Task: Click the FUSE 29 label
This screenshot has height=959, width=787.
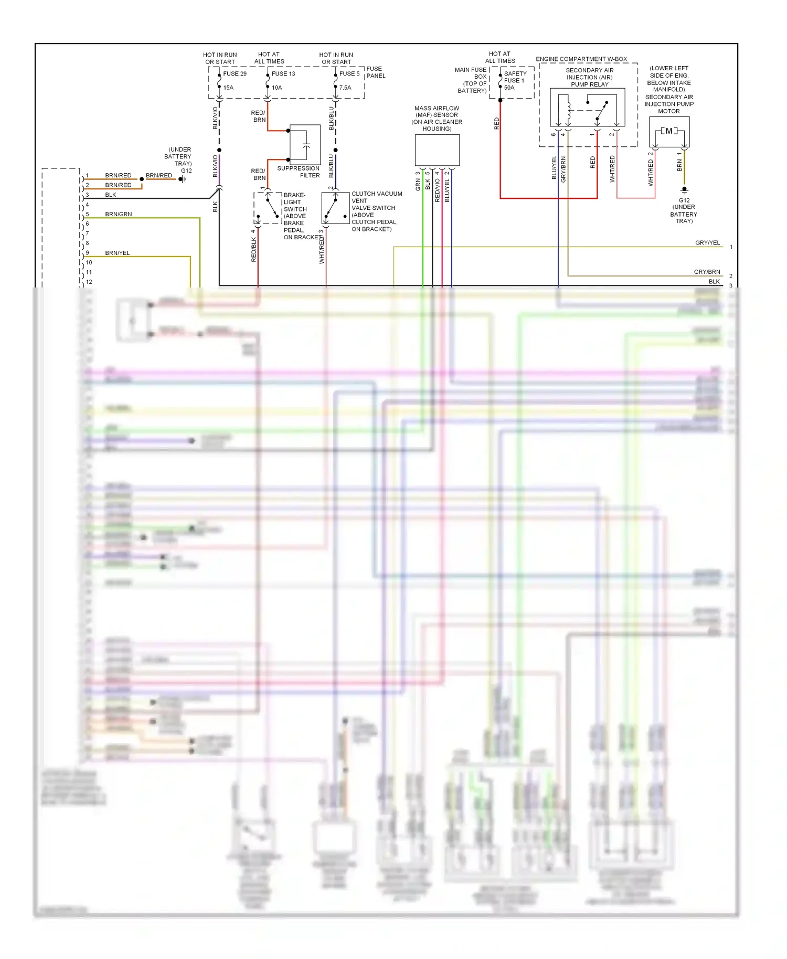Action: click(x=235, y=74)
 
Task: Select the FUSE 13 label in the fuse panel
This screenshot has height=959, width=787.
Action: click(x=283, y=74)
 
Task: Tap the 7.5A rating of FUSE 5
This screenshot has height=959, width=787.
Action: click(x=345, y=88)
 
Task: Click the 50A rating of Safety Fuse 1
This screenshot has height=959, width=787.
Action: click(x=509, y=88)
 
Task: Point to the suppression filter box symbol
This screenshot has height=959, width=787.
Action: click(x=305, y=143)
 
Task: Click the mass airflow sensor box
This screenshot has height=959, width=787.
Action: click(x=437, y=150)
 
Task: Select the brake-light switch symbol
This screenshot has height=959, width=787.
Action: click(x=268, y=208)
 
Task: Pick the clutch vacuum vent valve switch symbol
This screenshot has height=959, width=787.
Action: click(x=335, y=208)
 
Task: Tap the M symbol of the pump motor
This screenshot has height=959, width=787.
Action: click(x=669, y=131)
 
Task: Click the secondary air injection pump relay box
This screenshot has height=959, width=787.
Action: click(x=587, y=107)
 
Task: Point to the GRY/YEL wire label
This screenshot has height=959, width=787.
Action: click(x=707, y=243)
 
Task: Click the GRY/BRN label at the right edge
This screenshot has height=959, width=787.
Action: click(x=707, y=272)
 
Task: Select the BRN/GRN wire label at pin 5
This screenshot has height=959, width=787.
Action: click(x=119, y=214)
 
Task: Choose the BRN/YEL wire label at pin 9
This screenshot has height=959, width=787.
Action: click(x=118, y=253)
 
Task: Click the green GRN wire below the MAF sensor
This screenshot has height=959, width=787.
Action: click(x=423, y=236)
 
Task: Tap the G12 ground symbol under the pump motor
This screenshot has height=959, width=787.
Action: click(x=684, y=190)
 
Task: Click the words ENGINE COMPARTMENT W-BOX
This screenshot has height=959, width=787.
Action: click(x=581, y=59)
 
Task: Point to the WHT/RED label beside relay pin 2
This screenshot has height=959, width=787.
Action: click(x=612, y=169)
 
